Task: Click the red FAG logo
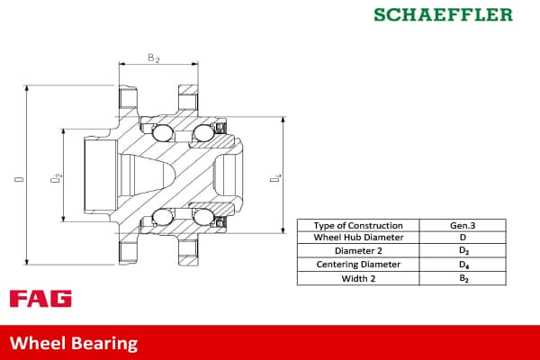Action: (40, 299)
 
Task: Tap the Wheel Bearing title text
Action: (74, 343)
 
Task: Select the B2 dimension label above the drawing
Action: (153, 58)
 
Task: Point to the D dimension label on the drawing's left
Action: (19, 180)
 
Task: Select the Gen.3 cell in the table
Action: (463, 225)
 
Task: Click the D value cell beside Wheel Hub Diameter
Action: (463, 238)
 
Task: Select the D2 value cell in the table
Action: (463, 251)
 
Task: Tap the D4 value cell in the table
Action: (463, 265)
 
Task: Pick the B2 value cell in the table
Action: (463, 278)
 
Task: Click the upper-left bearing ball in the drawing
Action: (164, 135)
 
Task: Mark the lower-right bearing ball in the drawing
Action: (202, 216)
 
